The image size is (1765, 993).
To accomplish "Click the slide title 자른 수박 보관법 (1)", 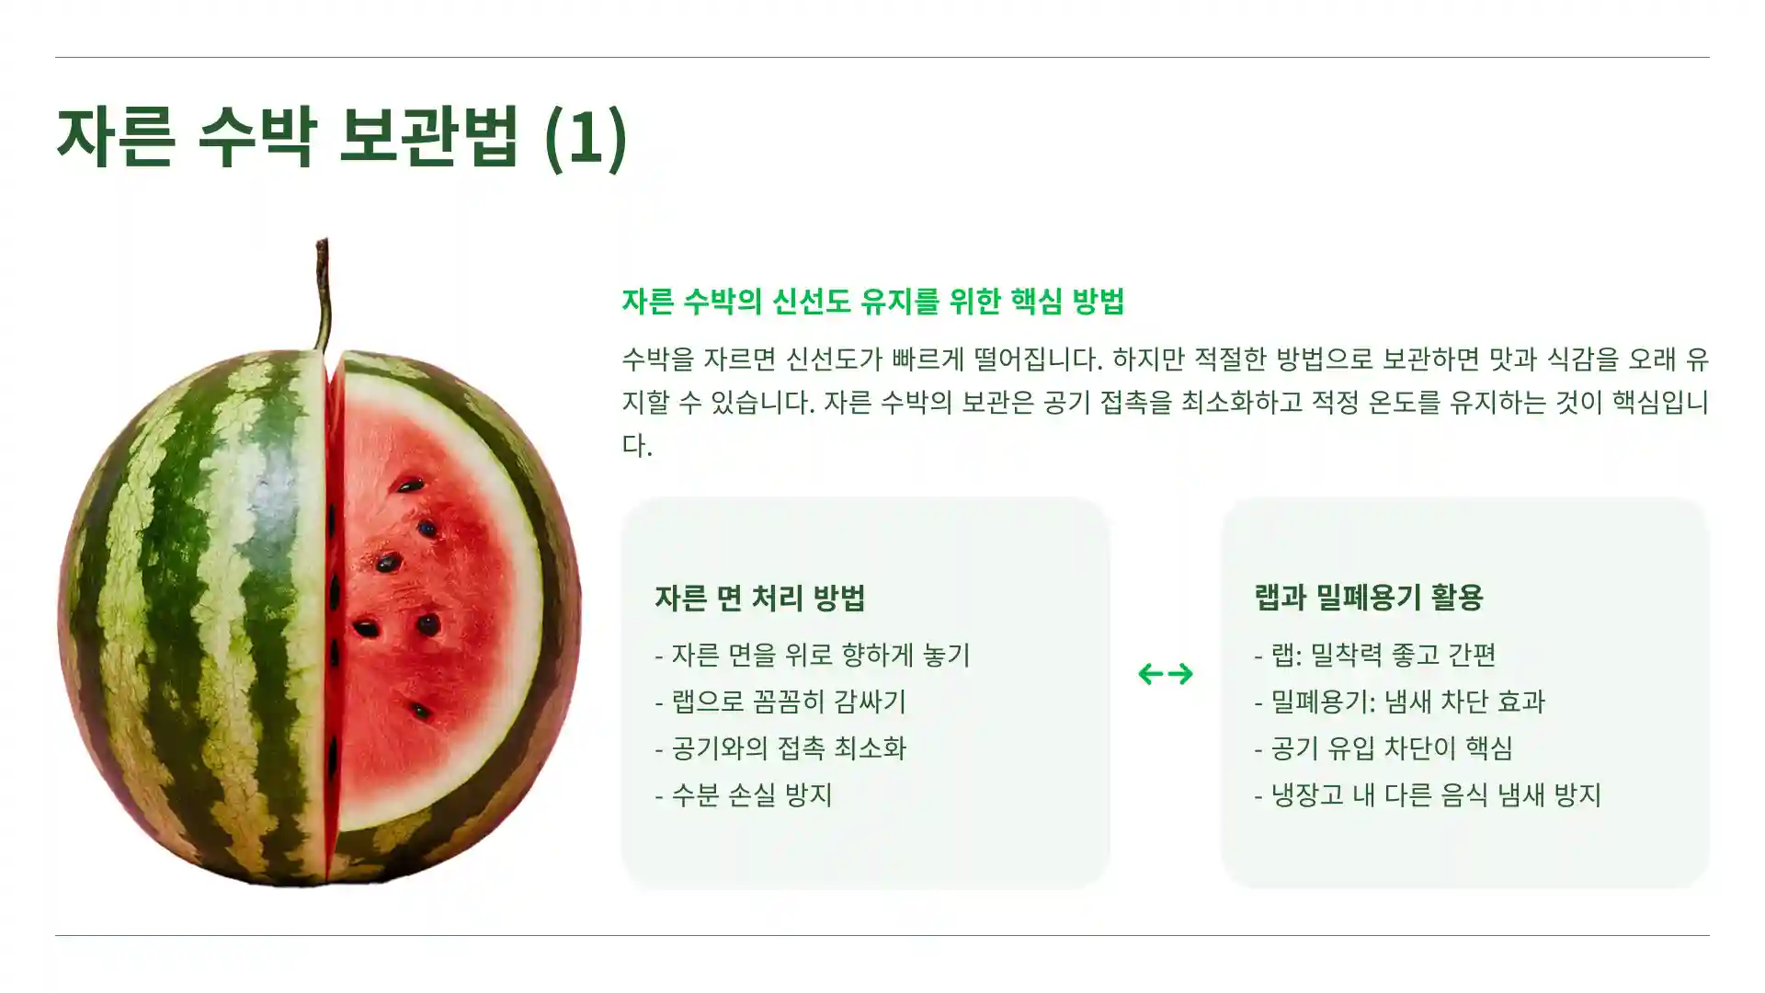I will click(x=341, y=137).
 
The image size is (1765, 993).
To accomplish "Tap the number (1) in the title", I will click(x=586, y=137).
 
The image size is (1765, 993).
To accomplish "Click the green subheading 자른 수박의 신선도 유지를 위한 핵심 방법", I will click(x=872, y=302).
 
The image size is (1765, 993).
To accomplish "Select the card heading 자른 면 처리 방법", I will click(x=759, y=598).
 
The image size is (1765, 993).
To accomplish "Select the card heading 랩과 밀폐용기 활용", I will click(x=1369, y=598).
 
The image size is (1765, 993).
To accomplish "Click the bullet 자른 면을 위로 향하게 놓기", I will click(x=813, y=655).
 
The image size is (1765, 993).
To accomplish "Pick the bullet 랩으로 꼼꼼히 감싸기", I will click(x=780, y=702).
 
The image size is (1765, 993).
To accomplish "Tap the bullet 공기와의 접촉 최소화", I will click(x=780, y=748).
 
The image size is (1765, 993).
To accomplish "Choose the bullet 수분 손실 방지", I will click(x=744, y=794).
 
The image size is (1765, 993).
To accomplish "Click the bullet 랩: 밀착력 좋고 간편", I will click(x=1375, y=655).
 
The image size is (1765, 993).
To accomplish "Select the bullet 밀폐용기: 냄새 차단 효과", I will click(x=1399, y=702).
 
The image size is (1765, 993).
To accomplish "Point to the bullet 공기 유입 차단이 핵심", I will click(x=1384, y=748).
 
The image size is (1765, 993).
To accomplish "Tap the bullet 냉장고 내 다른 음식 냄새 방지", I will click(x=1428, y=794).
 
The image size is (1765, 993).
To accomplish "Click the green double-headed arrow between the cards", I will click(x=1166, y=674).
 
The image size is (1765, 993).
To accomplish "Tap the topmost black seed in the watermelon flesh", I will click(x=409, y=485).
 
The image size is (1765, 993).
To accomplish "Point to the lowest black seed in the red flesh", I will click(x=420, y=711).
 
